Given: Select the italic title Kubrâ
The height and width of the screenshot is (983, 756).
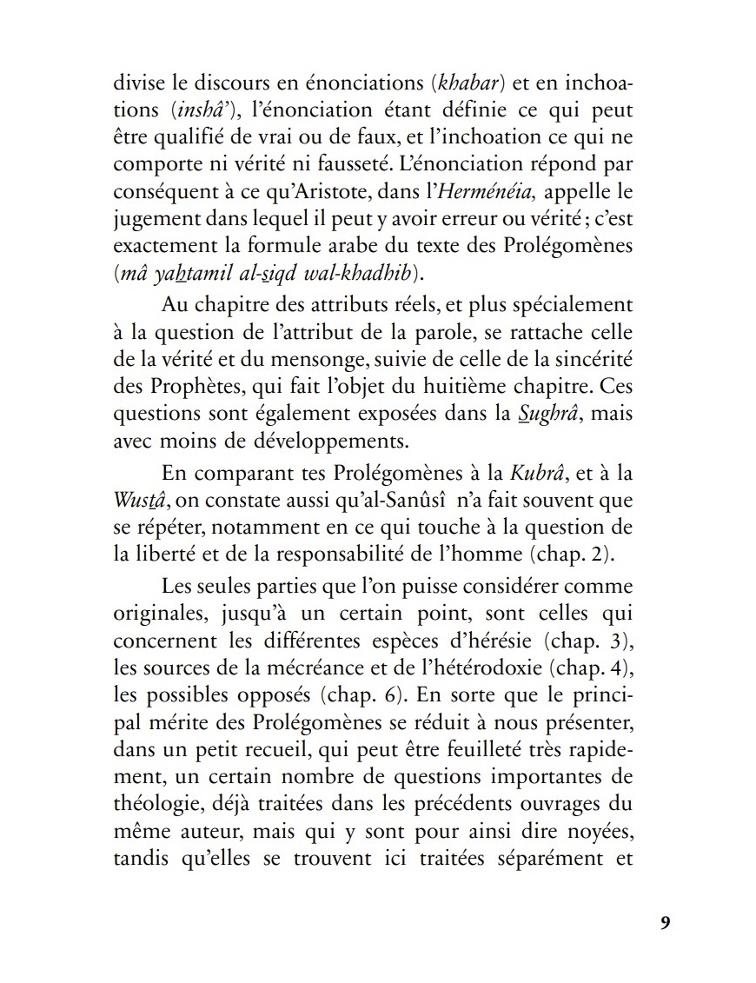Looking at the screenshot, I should pos(532,475).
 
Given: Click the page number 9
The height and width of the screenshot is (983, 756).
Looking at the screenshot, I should pos(665,923).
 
